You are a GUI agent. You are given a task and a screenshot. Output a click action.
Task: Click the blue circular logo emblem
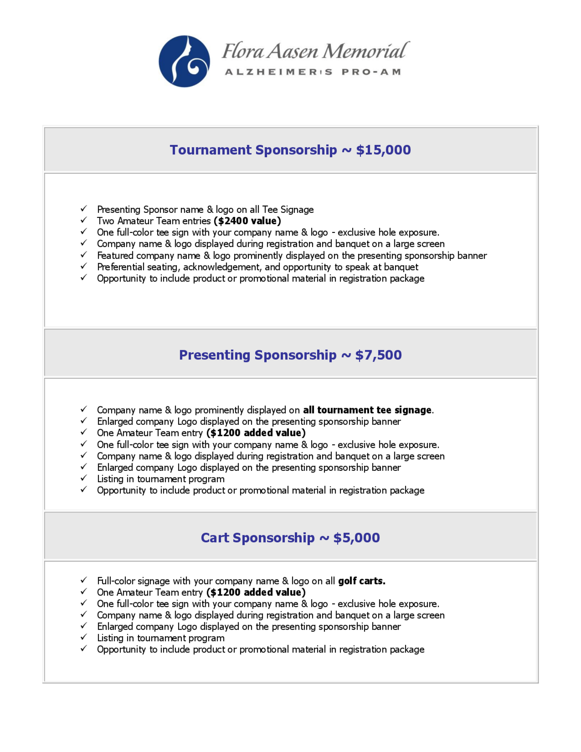(184, 61)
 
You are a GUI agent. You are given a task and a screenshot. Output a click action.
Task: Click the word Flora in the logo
(243, 51)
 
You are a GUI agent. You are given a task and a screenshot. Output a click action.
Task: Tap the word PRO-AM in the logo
(371, 72)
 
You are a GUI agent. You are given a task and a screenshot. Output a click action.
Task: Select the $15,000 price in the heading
(383, 150)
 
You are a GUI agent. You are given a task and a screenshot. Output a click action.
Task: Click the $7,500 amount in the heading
(378, 355)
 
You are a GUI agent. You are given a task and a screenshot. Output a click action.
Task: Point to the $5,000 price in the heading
(356, 538)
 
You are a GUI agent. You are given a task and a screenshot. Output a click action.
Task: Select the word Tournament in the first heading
(211, 150)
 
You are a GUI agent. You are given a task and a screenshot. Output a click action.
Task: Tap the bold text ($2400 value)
(247, 221)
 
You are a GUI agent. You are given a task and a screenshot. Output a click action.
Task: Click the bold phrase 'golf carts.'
(362, 581)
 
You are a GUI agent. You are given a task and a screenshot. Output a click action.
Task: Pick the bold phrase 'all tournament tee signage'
(367, 410)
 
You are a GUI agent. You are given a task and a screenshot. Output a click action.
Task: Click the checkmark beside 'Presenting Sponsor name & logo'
(84, 209)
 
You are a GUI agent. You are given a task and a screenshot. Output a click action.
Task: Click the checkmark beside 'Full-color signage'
(84, 580)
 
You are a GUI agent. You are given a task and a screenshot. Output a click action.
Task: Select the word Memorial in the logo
(365, 51)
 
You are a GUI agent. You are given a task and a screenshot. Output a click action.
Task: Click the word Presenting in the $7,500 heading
(215, 355)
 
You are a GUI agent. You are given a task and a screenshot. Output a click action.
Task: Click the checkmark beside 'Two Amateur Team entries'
(84, 220)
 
